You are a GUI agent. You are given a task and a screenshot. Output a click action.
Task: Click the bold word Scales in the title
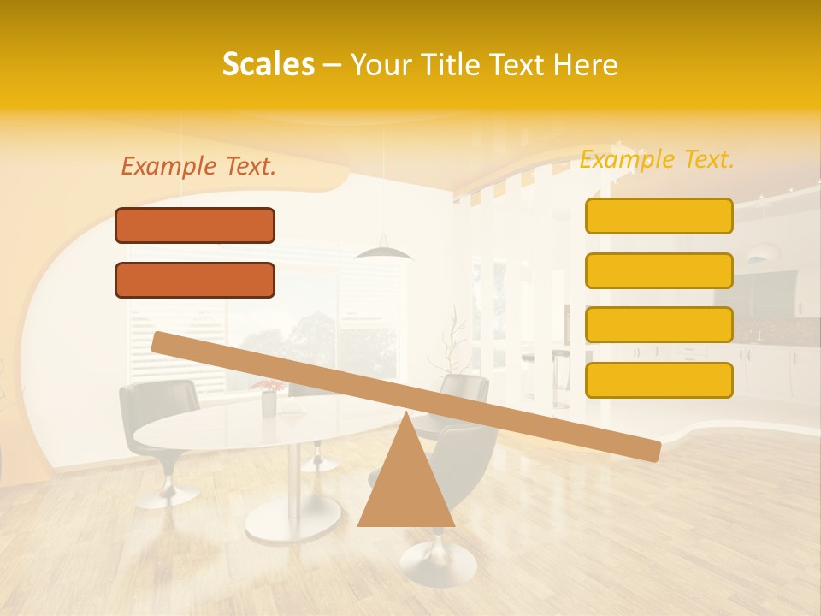(268, 64)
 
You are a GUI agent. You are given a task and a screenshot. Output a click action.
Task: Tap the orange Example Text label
(198, 166)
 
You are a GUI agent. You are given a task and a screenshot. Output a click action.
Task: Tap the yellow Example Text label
(657, 159)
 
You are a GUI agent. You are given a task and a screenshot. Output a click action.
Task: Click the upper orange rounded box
(195, 225)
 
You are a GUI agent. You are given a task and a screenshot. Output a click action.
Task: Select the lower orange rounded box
(195, 280)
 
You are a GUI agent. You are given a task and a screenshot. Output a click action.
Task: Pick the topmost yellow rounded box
(659, 216)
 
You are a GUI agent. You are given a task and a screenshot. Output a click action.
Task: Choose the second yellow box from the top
(659, 270)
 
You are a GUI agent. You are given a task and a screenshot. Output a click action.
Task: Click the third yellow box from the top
(659, 324)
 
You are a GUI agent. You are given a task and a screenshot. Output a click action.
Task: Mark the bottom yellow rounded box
(659, 380)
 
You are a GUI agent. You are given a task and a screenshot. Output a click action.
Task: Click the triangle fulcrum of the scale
(406, 483)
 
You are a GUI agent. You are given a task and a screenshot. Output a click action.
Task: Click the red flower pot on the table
(269, 399)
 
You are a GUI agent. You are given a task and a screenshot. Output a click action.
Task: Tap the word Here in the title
(586, 64)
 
